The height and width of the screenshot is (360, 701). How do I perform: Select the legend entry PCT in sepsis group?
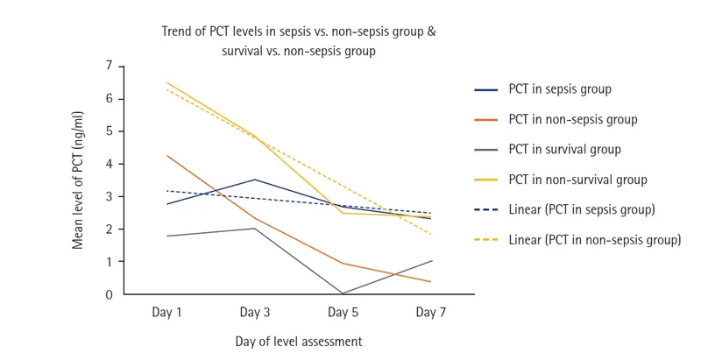tap(559, 89)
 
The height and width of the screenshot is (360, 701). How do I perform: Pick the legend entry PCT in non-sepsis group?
tap(572, 119)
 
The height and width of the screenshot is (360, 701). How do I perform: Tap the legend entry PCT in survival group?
tap(564, 149)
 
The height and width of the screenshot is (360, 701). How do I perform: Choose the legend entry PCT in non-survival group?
tap(577, 180)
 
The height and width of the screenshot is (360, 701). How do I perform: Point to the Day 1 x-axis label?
tap(166, 312)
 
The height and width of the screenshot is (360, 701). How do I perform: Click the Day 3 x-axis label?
tap(254, 312)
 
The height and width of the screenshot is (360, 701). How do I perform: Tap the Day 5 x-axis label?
tap(342, 312)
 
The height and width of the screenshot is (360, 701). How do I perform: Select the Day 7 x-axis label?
tap(429, 312)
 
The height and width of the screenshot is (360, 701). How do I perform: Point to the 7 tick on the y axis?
tap(110, 66)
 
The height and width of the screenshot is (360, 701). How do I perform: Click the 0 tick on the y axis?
tap(110, 294)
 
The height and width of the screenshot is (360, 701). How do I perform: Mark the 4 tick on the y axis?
tap(110, 164)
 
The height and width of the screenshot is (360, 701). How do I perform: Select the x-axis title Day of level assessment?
tap(298, 341)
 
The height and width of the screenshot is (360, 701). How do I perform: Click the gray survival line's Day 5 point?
tap(342, 293)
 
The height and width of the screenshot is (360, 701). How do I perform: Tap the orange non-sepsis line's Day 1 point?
tap(166, 156)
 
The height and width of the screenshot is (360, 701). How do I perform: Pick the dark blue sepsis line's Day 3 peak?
tap(254, 180)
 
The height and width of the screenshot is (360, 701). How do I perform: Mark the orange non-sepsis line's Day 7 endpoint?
tap(429, 282)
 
